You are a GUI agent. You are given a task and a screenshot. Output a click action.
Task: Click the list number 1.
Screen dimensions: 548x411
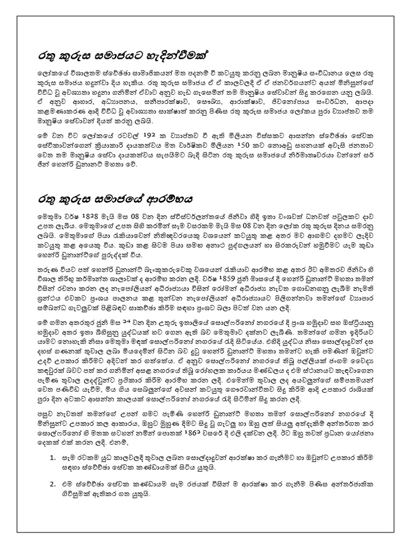(x=52, y=443)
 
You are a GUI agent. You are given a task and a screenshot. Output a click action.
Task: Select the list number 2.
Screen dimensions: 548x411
(x=52, y=469)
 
